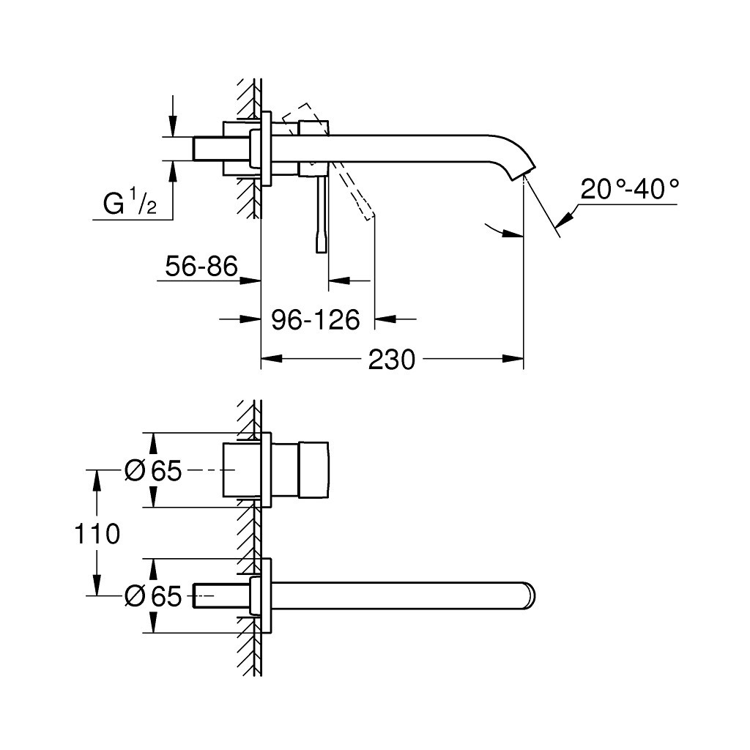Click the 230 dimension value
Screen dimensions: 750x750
(393, 359)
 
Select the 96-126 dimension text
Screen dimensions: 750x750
(316, 319)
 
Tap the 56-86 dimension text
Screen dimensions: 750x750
(202, 267)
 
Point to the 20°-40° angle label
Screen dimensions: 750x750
(629, 190)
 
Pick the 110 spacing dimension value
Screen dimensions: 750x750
(97, 533)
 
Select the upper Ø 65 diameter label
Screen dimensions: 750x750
(152, 471)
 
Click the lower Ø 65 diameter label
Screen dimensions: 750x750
(152, 597)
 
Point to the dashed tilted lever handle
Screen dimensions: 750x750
(354, 190)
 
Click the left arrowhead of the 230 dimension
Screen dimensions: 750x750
(270, 359)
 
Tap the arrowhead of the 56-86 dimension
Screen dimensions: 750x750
(253, 280)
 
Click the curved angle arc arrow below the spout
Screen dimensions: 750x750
(502, 231)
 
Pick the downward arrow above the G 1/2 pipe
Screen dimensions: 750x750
(173, 129)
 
